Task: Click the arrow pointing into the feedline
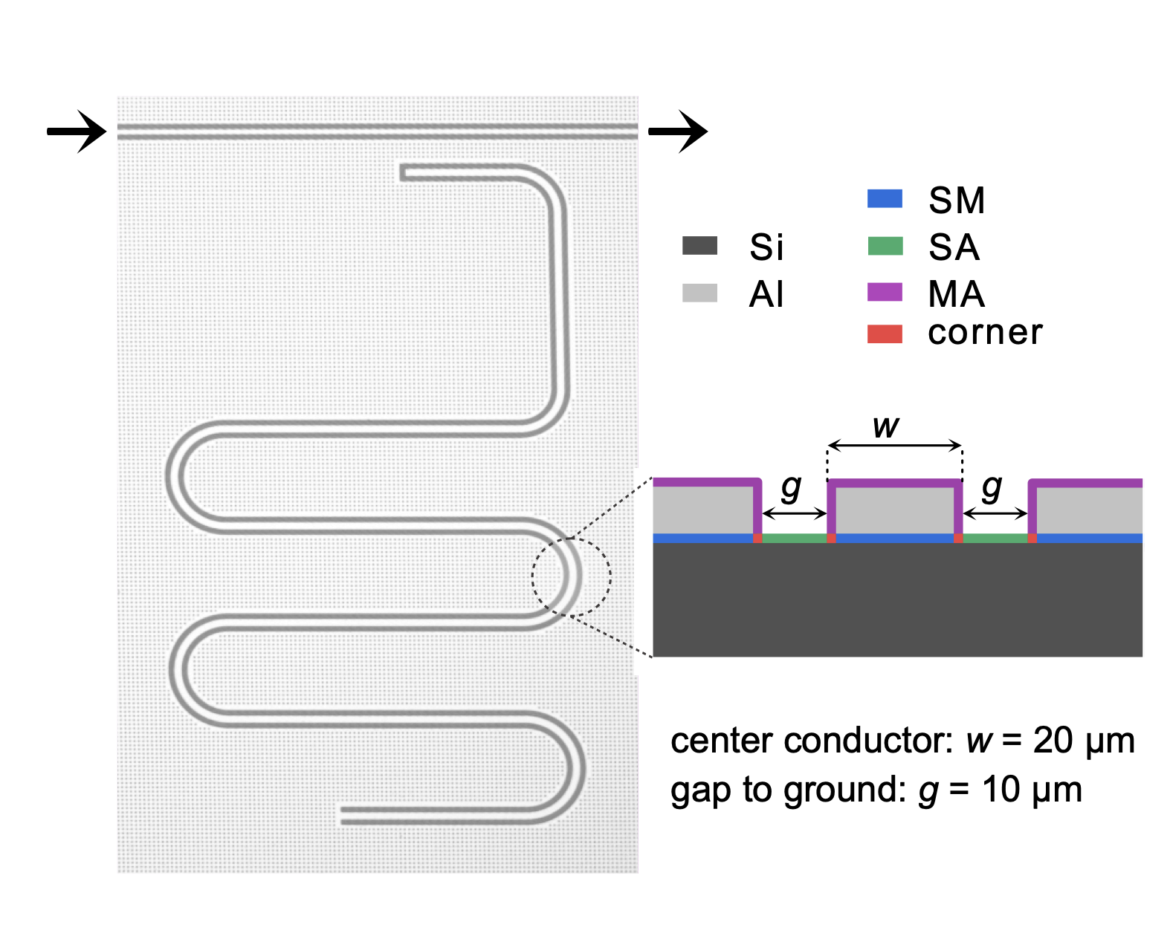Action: (x=77, y=131)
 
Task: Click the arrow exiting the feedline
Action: (x=677, y=131)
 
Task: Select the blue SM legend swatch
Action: (x=885, y=199)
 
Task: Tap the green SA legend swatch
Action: (x=885, y=246)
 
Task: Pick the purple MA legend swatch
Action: (x=885, y=292)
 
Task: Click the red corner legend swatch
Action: (x=885, y=334)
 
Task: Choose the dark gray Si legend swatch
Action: (x=699, y=246)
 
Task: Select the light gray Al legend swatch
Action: (x=699, y=293)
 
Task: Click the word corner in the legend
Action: (x=985, y=333)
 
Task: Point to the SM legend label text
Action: (x=957, y=201)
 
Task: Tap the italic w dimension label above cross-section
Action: (x=885, y=426)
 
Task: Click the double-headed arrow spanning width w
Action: (x=895, y=446)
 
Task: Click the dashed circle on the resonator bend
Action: (x=571, y=576)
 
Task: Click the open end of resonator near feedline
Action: (x=404, y=173)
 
